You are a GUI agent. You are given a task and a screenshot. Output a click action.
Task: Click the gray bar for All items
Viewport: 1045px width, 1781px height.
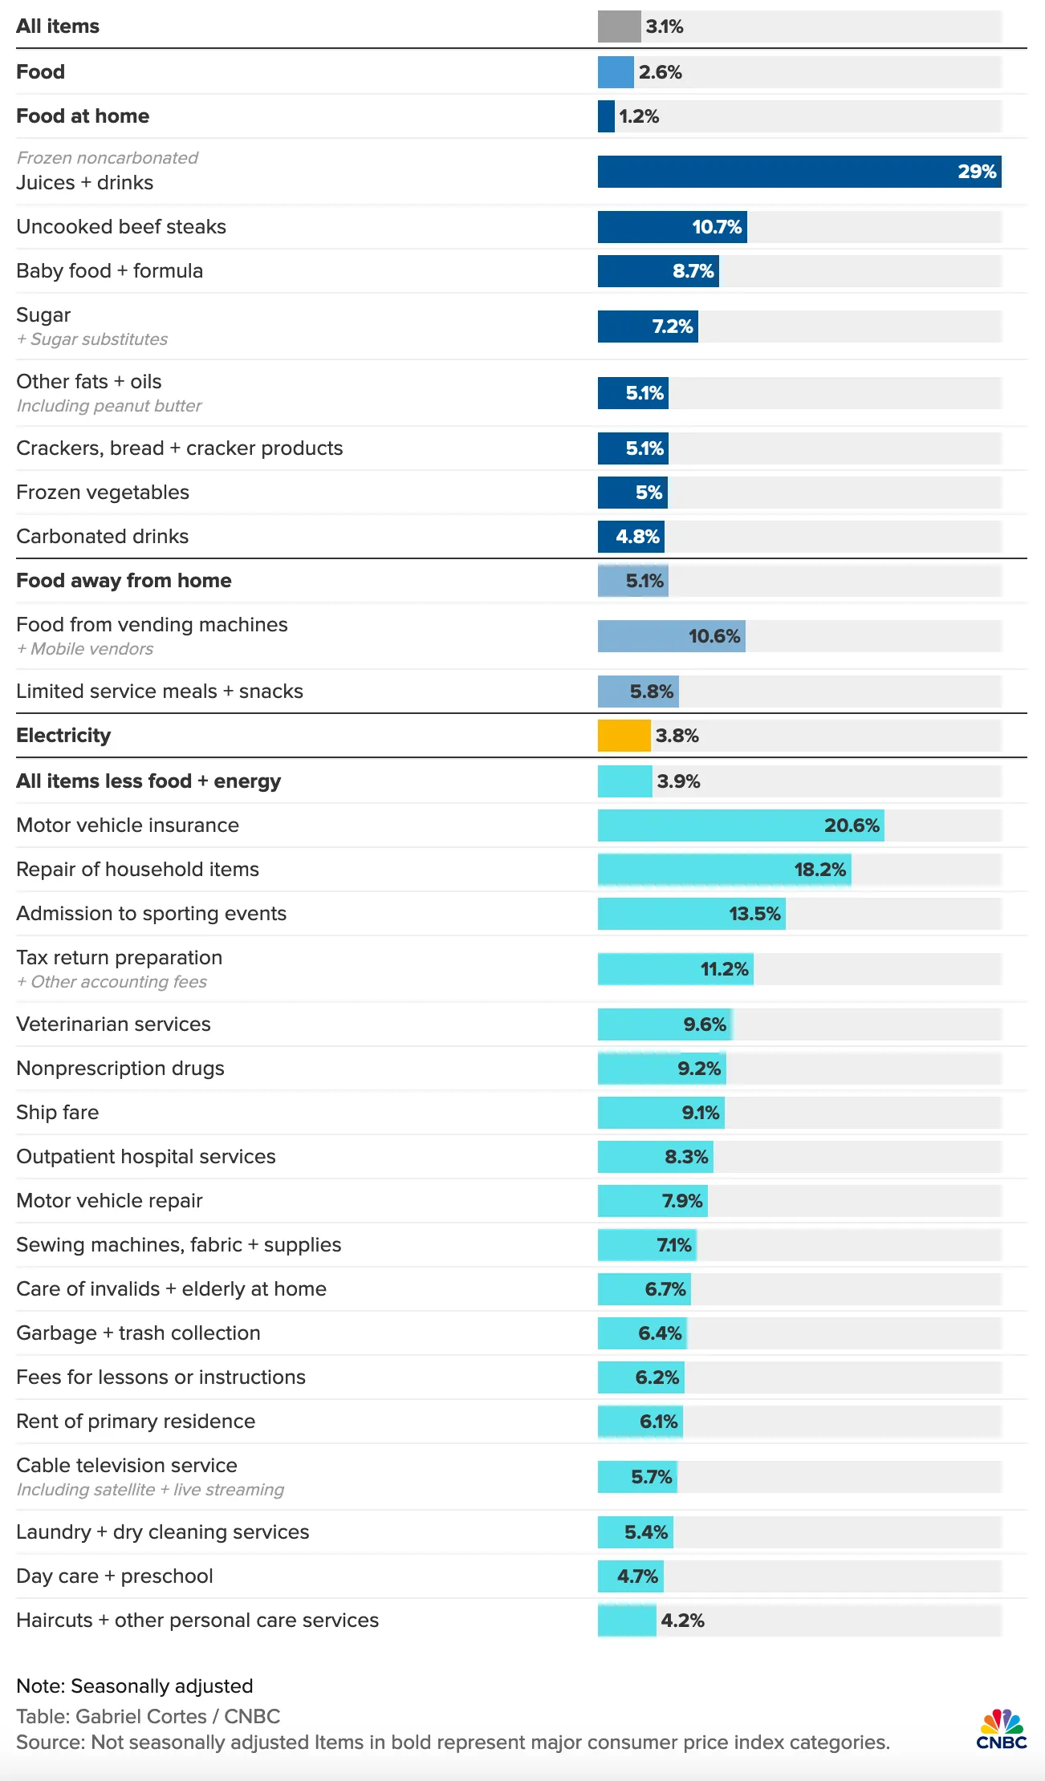point(619,26)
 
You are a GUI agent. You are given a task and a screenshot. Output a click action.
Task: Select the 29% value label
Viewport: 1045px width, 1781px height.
point(977,172)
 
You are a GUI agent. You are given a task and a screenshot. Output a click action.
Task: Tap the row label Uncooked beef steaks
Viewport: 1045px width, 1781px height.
point(121,227)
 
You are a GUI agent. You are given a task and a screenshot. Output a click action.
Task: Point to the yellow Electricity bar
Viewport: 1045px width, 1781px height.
point(624,736)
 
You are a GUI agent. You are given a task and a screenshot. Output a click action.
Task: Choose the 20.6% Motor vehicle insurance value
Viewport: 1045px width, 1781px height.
point(852,826)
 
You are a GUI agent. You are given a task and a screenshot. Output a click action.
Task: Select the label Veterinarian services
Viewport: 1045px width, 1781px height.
point(113,1024)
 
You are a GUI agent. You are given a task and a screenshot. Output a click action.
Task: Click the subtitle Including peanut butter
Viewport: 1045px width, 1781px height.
point(109,406)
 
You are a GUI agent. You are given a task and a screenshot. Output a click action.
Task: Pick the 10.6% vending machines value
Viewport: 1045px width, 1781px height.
point(714,636)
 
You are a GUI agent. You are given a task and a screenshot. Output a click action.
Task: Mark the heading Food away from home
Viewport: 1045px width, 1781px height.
point(124,581)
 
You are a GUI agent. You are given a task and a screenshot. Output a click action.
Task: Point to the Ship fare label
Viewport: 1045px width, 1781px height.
point(58,1113)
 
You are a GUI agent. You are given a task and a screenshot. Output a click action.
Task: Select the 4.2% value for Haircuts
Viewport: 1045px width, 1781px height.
point(682,1621)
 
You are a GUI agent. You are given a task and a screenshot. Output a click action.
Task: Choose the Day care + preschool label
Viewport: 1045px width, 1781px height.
point(115,1576)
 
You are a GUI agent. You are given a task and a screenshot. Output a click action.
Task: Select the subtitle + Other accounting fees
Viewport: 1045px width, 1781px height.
point(112,982)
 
